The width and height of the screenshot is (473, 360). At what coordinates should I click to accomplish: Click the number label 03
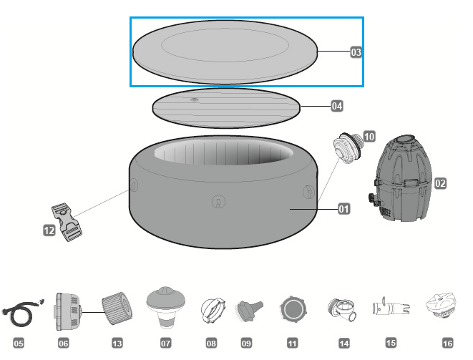pyautogui.click(x=356, y=52)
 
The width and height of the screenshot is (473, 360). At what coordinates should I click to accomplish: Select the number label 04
pyautogui.click(x=336, y=106)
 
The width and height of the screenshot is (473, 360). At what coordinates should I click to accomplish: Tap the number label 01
pyautogui.click(x=343, y=210)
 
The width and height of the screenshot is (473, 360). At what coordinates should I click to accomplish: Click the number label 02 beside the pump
pyautogui.click(x=440, y=183)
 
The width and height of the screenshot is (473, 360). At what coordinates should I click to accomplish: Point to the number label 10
pyautogui.click(x=369, y=135)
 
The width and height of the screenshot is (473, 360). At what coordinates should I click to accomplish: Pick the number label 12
pyautogui.click(x=49, y=230)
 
